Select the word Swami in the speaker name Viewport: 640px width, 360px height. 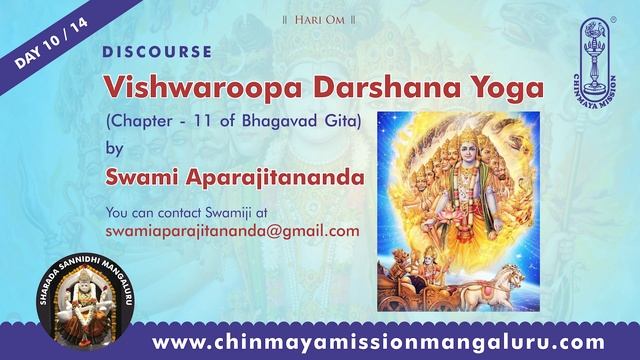(143, 179)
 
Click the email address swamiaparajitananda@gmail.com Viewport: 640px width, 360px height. (231, 231)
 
